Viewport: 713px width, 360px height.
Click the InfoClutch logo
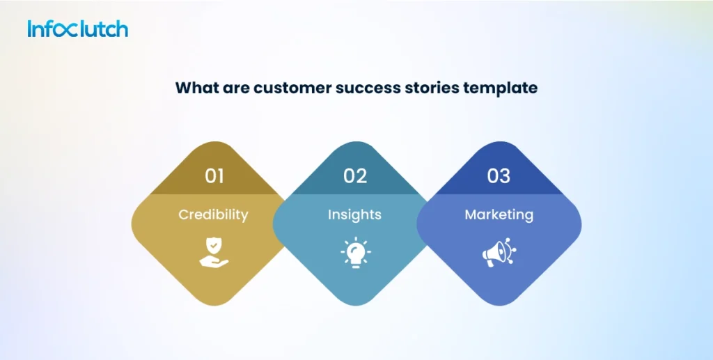click(x=78, y=29)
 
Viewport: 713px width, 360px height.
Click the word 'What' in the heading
click(x=194, y=88)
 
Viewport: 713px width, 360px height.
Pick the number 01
click(x=214, y=176)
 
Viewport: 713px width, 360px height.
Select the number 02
click(x=355, y=176)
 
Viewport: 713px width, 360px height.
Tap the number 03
click(x=499, y=176)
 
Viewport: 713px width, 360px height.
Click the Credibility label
click(x=213, y=214)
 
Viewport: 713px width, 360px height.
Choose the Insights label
click(x=355, y=214)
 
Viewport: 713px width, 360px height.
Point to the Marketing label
click(x=499, y=214)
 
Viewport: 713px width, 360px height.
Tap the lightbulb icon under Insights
click(x=356, y=253)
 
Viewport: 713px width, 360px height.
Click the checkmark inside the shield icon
click(x=214, y=247)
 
